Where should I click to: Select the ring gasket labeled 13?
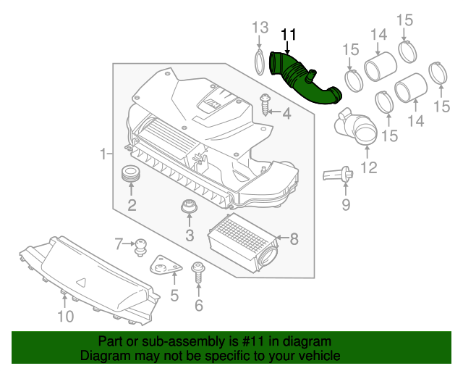[x=258, y=61]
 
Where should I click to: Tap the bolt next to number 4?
[x=265, y=106]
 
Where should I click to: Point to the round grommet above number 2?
[x=131, y=175]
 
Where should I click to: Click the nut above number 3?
[x=189, y=208]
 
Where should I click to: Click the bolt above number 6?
[x=197, y=275]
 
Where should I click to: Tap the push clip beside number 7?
[x=140, y=246]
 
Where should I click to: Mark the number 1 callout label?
[x=103, y=153]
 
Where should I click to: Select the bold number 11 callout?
[x=289, y=34]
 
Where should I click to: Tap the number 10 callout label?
[x=65, y=317]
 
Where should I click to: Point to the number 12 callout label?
[x=368, y=169]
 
